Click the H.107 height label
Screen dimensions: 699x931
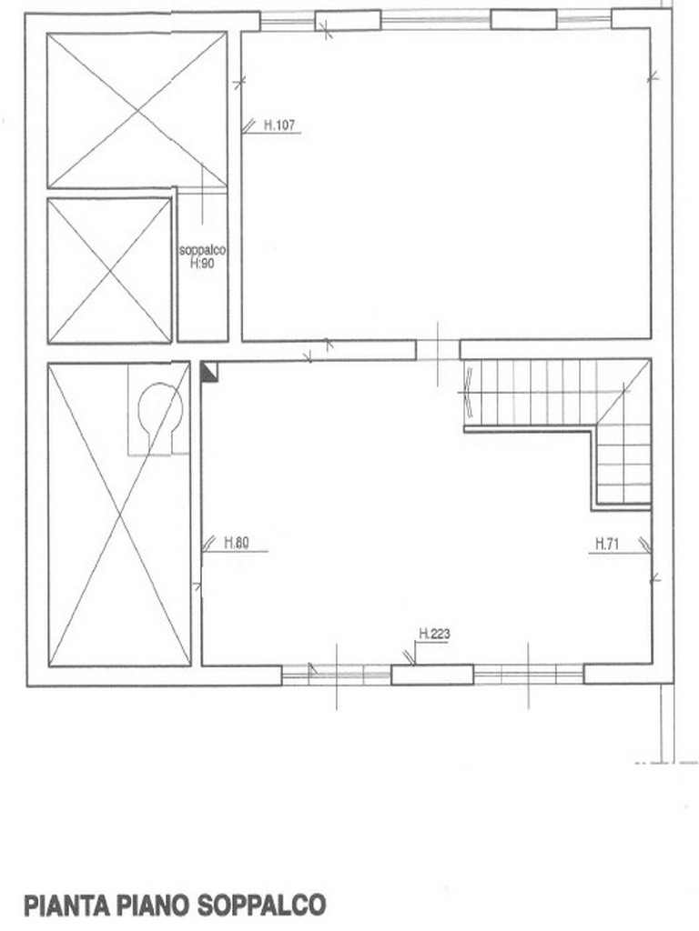pyautogui.click(x=279, y=125)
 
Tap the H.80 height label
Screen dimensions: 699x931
pyautogui.click(x=236, y=543)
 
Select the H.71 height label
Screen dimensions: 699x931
pyautogui.click(x=607, y=544)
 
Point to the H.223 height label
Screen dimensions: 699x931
pyautogui.click(x=434, y=634)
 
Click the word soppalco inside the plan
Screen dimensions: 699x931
pyautogui.click(x=202, y=251)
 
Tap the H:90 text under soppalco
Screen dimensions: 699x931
pyautogui.click(x=202, y=263)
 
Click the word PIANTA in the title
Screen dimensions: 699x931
pyautogui.click(x=66, y=905)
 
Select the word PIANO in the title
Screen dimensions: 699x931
pyautogui.click(x=153, y=905)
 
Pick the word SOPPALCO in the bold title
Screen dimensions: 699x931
pyautogui.click(x=261, y=905)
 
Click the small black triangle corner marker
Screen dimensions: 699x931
pyautogui.click(x=209, y=372)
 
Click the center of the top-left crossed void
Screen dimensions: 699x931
pyautogui.click(x=137, y=110)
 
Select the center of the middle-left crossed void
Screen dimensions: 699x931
pyautogui.click(x=110, y=271)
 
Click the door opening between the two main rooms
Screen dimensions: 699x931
pyautogui.click(x=438, y=350)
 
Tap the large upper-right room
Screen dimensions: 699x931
pyautogui.click(x=446, y=185)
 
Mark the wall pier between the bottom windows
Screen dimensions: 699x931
pyautogui.click(x=432, y=675)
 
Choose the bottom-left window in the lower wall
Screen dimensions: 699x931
pyautogui.click(x=337, y=675)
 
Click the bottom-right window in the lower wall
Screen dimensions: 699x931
pyautogui.click(x=529, y=675)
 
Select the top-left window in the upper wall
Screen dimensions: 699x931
pyautogui.click(x=288, y=22)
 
